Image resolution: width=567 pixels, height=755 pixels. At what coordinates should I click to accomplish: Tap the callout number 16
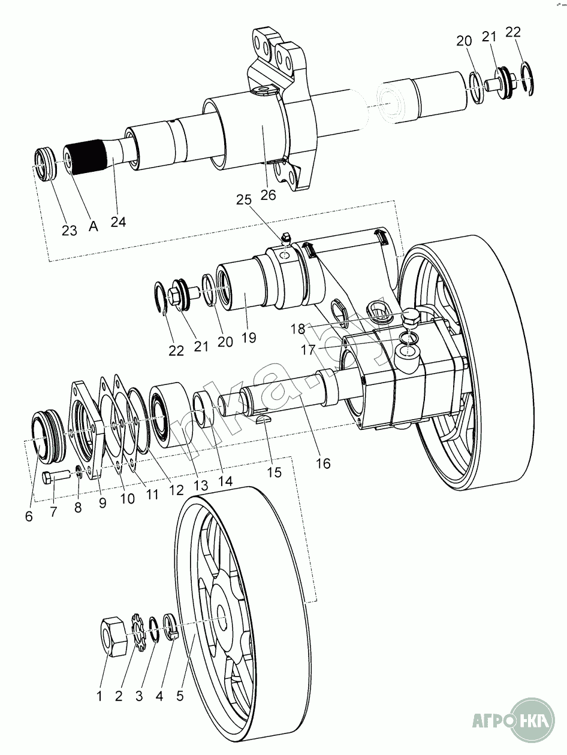[x=322, y=463]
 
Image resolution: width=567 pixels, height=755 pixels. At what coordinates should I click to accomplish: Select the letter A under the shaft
[x=94, y=226]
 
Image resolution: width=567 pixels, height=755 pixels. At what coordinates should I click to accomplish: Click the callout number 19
[x=248, y=337]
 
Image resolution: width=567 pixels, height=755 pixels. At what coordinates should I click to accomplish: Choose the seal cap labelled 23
[x=46, y=163]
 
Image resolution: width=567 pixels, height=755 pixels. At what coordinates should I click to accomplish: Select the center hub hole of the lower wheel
[x=223, y=621]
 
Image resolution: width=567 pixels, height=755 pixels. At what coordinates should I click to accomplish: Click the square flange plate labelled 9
[x=84, y=429]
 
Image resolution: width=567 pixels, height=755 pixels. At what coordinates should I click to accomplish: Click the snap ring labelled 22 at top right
[x=526, y=77]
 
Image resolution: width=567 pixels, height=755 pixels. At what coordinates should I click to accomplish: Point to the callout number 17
[x=307, y=350]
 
